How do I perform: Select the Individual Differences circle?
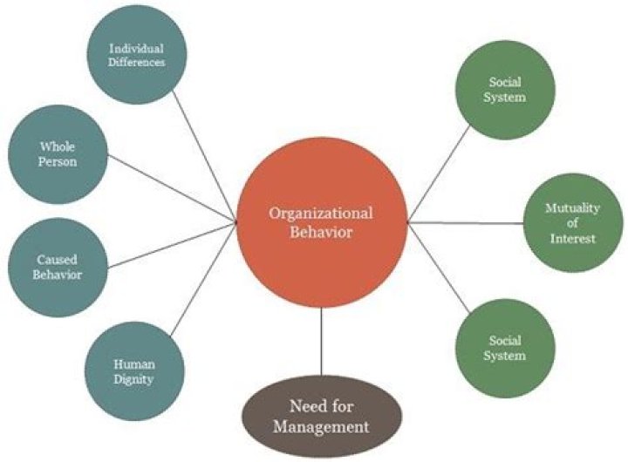click(x=137, y=55)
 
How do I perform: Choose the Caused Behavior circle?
click(x=57, y=267)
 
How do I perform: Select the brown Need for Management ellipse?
click(x=321, y=417)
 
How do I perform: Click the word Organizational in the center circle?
click(x=321, y=213)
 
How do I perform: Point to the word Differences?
click(x=137, y=63)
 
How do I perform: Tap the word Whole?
click(x=58, y=148)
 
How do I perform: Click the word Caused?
click(x=58, y=260)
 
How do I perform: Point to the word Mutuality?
click(x=570, y=208)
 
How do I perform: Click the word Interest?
click(x=570, y=238)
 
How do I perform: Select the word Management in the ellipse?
click(x=321, y=427)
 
